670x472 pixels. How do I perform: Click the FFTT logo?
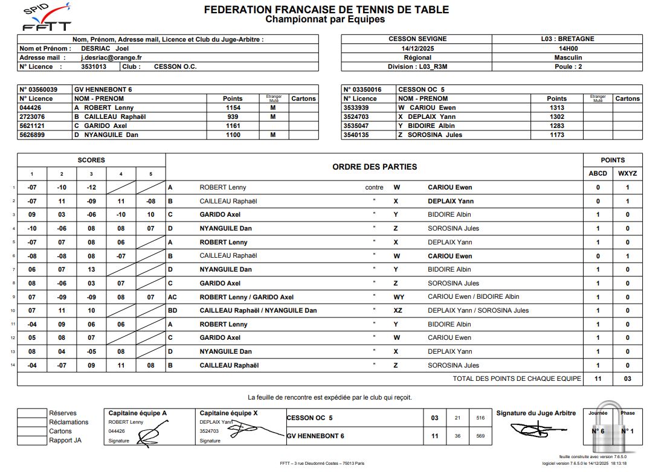pyautogui.click(x=46, y=18)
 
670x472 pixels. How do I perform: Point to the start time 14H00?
pyautogui.click(x=567, y=48)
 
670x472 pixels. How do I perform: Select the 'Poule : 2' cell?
pyautogui.click(x=567, y=66)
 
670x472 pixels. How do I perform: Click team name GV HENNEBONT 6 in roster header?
pyautogui.click(x=103, y=89)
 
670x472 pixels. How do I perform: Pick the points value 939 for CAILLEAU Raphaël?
pyautogui.click(x=233, y=116)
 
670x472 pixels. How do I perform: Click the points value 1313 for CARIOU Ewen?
pyautogui.click(x=556, y=107)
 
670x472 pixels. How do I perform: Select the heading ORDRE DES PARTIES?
pyautogui.click(x=374, y=167)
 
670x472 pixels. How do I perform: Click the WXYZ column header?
pyautogui.click(x=627, y=173)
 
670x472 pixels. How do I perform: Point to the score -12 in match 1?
pyautogui.click(x=91, y=188)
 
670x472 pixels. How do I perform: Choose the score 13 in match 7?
pyautogui.click(x=91, y=270)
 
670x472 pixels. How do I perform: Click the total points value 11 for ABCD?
pyautogui.click(x=598, y=378)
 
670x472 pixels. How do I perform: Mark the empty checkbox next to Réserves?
pyautogui.click(x=31, y=413)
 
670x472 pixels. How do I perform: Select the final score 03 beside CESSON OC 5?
pyautogui.click(x=434, y=418)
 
